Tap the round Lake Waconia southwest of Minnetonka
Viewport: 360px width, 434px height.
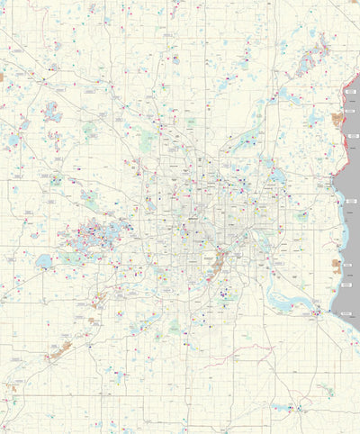click(x=43, y=262)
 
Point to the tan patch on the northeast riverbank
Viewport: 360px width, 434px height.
click(x=338, y=119)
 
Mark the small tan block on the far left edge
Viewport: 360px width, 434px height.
click(x=3, y=77)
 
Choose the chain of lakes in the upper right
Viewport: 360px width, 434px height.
click(x=310, y=58)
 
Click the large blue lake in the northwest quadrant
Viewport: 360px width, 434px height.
click(x=53, y=112)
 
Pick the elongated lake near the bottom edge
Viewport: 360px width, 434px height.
click(x=286, y=408)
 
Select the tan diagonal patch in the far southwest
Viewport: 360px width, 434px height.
click(x=60, y=349)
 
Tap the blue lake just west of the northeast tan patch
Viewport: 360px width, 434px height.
click(x=314, y=118)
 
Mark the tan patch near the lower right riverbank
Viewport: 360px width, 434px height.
click(x=337, y=267)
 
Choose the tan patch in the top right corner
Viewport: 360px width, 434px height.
click(x=354, y=5)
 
